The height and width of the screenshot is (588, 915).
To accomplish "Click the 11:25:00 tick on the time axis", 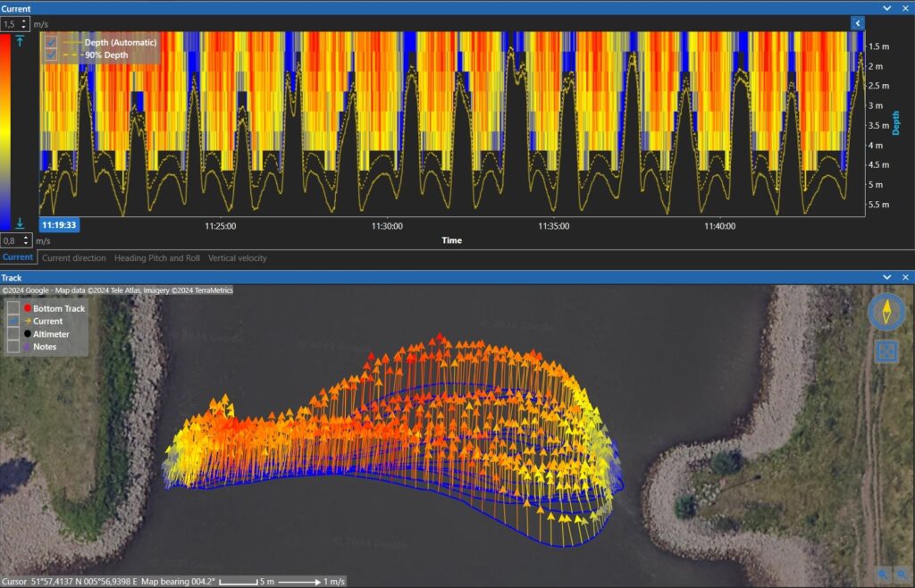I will (x=220, y=226).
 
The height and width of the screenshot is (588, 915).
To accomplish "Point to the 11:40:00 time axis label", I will (x=720, y=226).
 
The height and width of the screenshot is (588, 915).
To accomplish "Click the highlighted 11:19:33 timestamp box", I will (x=58, y=225).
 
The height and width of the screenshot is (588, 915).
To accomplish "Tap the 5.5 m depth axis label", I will (x=877, y=205).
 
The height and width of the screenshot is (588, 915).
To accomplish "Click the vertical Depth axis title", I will (x=896, y=123).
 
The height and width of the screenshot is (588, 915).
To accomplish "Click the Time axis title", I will (x=451, y=240).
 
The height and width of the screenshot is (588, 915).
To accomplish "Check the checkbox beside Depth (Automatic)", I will (x=52, y=42).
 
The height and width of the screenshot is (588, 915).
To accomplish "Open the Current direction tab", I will (x=74, y=258).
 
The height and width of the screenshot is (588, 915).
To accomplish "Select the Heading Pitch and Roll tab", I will (x=156, y=258).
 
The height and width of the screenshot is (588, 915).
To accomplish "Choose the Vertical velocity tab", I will (x=237, y=258).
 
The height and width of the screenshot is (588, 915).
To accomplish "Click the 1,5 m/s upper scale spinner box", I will (x=15, y=24).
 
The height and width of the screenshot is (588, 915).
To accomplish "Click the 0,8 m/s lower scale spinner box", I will (x=15, y=240).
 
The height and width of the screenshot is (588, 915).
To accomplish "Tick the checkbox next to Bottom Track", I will (x=13, y=308).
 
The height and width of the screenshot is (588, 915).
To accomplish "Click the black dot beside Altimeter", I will (x=28, y=334).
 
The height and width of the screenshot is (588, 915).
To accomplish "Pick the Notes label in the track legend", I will (x=46, y=347).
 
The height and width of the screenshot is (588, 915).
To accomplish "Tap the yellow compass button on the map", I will (x=886, y=311).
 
